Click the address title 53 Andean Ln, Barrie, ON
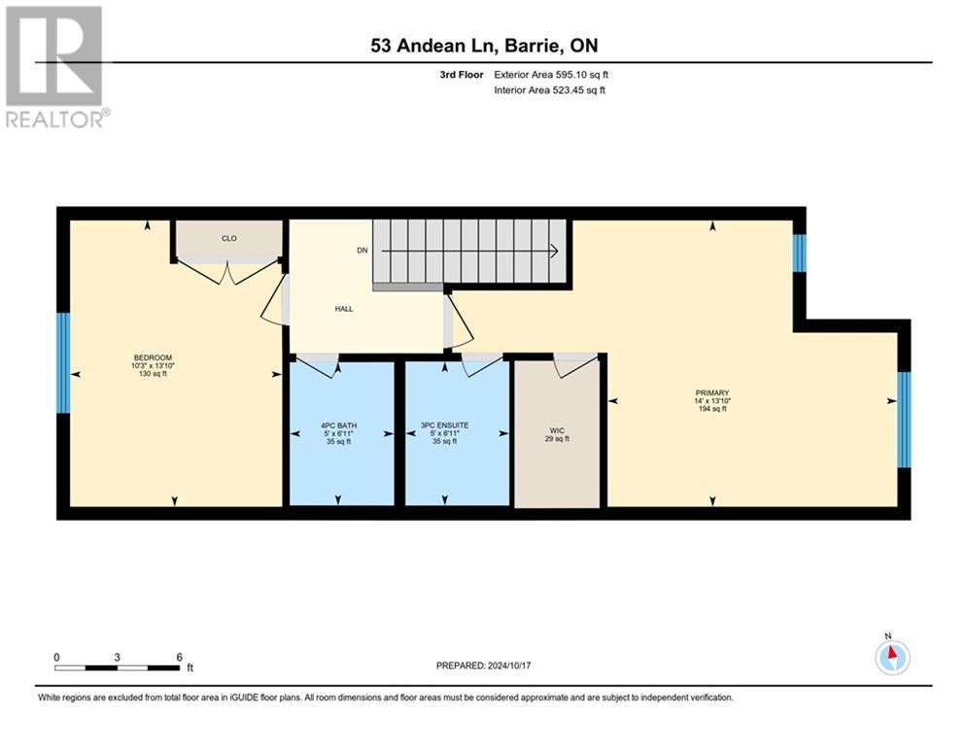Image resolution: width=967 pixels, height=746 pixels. point(483,47)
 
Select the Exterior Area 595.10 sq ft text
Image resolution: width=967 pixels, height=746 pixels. point(551,74)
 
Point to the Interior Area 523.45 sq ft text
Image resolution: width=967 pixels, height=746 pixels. point(549,90)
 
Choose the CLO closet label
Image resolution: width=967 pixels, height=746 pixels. point(228,238)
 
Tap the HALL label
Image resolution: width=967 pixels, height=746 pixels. point(344,309)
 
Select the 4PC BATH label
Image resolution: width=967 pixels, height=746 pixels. point(341,424)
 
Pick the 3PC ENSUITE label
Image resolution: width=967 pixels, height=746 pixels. point(457,424)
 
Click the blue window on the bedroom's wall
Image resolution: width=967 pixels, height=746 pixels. point(63,363)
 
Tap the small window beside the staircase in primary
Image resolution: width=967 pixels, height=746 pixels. point(799,254)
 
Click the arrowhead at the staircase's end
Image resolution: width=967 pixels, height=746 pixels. point(553,251)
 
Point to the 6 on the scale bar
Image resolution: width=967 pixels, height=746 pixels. point(179,657)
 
